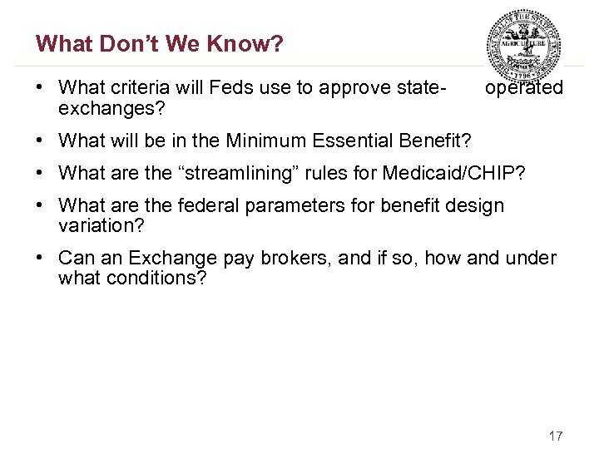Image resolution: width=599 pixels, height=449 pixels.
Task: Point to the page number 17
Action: [x=556, y=437]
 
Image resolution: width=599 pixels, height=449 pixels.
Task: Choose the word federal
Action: [x=209, y=205]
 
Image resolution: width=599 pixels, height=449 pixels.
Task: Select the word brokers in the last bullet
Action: [x=288, y=259]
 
